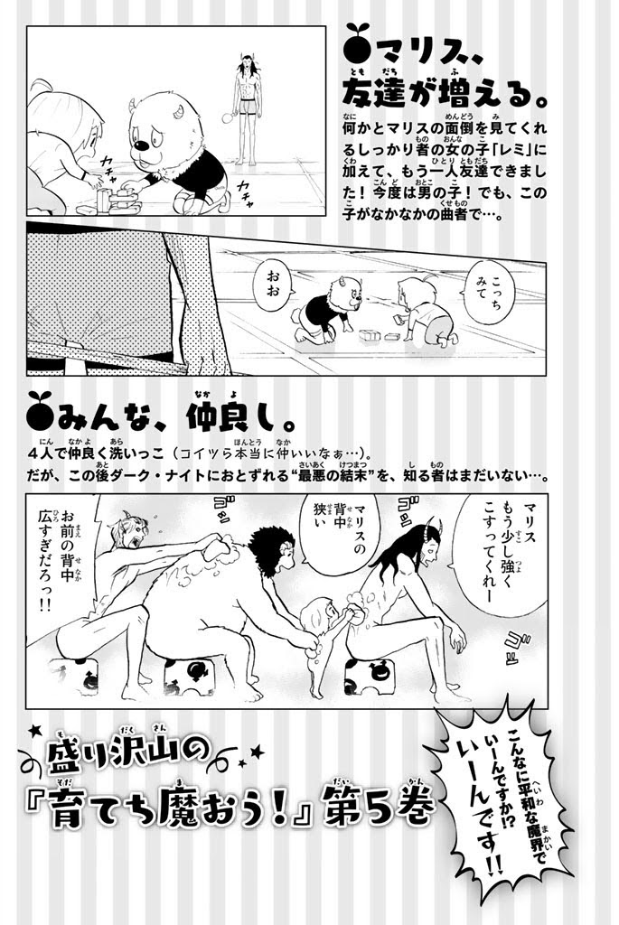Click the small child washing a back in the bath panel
coord(324,649)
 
